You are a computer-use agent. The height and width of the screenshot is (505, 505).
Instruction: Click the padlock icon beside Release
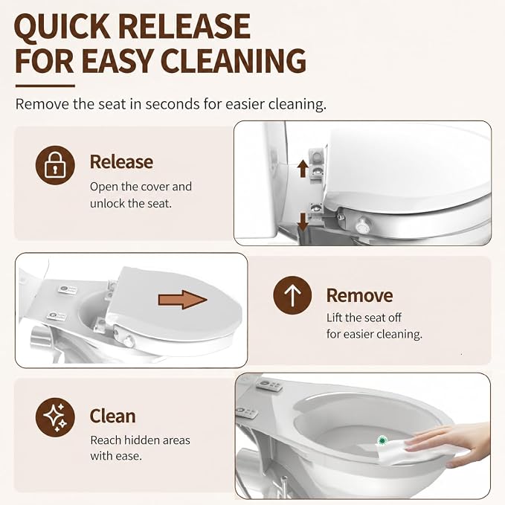pos(55,165)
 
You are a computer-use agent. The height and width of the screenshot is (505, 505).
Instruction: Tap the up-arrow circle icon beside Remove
pos(292,295)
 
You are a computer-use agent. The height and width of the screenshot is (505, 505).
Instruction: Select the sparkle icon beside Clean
pos(55,417)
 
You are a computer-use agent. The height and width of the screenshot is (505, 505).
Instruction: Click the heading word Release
pos(121,161)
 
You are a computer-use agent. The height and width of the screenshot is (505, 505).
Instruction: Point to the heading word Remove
pos(359,295)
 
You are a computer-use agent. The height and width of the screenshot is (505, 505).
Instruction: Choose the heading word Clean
pos(112,416)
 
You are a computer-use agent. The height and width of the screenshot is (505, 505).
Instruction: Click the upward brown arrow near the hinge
pos(303,169)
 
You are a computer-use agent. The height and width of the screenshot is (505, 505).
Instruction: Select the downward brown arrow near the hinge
pos(303,222)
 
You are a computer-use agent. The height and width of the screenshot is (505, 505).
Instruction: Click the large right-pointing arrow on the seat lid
pos(182,300)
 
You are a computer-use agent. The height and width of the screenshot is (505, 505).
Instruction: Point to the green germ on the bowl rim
pos(382,440)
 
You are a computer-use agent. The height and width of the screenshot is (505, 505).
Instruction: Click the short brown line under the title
pos(45,86)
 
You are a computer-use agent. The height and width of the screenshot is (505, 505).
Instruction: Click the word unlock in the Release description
pos(106,204)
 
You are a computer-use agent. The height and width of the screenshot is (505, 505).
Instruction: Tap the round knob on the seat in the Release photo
pos(363,226)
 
